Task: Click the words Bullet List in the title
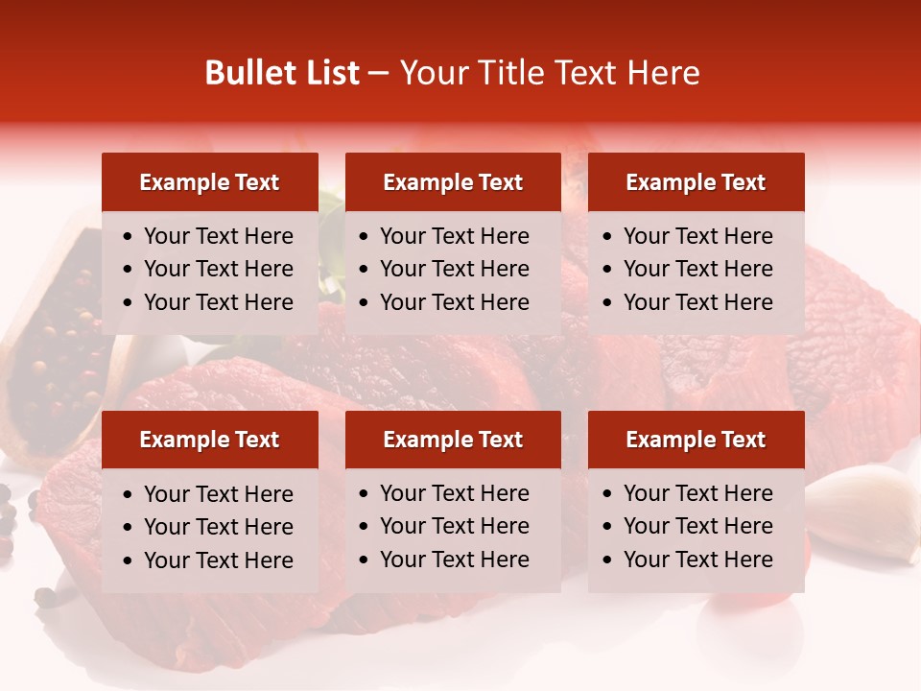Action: [282, 73]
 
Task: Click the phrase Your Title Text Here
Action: [550, 73]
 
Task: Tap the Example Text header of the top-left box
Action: [209, 182]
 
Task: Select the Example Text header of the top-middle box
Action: [453, 182]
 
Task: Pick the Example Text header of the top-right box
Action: [696, 182]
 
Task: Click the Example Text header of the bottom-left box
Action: [209, 440]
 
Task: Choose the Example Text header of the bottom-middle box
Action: [453, 440]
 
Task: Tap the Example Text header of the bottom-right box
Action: [696, 440]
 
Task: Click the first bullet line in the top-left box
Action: [218, 236]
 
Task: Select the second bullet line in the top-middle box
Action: [454, 269]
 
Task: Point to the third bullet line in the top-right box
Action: [697, 302]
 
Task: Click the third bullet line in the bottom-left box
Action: [218, 560]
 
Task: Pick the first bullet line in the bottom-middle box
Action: [454, 493]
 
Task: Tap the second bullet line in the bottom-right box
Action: [697, 526]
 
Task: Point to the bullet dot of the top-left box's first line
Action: [128, 237]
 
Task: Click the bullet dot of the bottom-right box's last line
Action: [607, 560]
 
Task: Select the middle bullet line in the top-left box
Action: [218, 269]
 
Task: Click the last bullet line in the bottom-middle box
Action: [454, 560]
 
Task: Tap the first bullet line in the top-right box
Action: [697, 236]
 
